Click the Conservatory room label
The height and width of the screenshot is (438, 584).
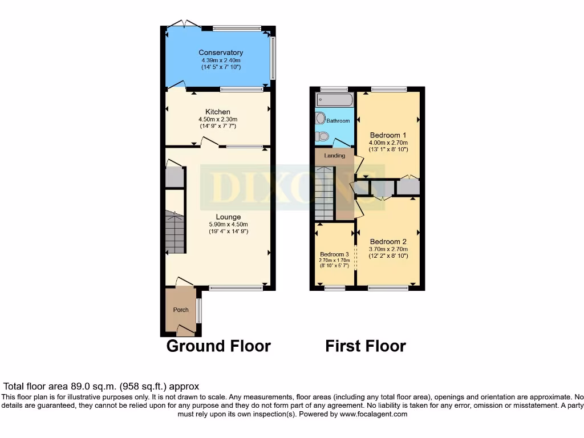coord(221,52)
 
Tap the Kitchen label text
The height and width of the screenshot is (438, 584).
coord(218,112)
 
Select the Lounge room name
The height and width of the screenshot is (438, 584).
coord(228,217)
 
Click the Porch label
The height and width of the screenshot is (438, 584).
coord(181,310)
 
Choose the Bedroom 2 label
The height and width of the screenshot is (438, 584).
coord(388,241)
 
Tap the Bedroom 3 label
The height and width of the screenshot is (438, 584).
coord(334,254)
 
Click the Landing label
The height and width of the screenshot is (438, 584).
coord(334,156)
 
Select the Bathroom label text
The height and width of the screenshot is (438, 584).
coord(338,121)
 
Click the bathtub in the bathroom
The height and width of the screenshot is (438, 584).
coord(334,100)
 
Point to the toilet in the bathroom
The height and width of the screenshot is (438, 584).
coord(322,136)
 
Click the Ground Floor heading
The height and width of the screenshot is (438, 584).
coord(218,346)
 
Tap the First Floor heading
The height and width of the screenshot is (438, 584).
coord(366,346)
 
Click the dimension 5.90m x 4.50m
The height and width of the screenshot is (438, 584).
coord(228,224)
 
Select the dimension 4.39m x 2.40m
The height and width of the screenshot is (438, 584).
coord(221,60)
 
